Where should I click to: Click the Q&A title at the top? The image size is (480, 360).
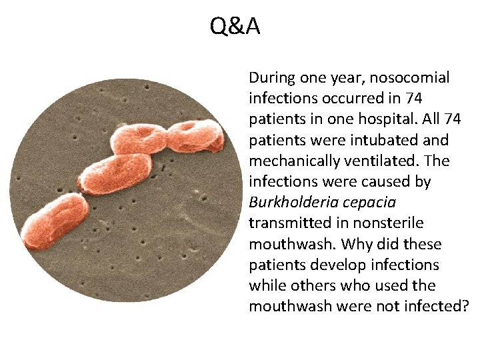tap(235, 27)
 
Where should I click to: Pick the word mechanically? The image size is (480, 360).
tap(295, 161)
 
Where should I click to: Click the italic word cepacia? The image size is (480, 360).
tap(370, 202)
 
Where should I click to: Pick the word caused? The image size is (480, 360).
tap(408, 181)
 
